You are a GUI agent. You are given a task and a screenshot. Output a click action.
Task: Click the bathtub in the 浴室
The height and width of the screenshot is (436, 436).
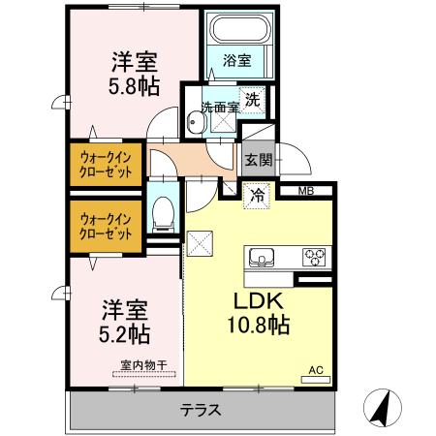pos(240,29)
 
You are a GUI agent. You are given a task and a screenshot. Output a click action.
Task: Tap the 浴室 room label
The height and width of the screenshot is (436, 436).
pos(237,60)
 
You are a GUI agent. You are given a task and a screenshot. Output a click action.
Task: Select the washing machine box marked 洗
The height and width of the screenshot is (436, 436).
pos(252,100)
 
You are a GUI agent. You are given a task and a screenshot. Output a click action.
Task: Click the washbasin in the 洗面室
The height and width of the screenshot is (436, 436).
pos(197,123)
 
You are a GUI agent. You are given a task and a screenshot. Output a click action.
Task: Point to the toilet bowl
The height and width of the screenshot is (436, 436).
pos(163,214)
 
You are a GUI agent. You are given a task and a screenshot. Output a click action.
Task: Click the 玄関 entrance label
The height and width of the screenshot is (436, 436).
pos(259,160)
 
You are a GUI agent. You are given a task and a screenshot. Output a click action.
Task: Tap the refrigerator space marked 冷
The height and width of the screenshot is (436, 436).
pos(257,196)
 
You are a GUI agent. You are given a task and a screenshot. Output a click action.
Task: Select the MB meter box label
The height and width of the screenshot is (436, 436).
pos(306,191)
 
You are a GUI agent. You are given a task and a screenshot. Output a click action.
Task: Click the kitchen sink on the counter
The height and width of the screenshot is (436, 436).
pos(262,258)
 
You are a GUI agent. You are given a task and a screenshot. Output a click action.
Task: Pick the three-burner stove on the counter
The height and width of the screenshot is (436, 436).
pos(314,257)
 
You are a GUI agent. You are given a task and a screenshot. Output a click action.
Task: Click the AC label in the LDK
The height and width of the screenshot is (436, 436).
pos(316,370)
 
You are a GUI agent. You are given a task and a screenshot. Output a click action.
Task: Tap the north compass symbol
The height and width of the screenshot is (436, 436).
pos(383,408)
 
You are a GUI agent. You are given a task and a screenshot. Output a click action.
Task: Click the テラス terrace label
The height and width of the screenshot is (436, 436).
pos(201,410)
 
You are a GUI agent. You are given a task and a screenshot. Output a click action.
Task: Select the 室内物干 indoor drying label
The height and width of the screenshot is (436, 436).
pos(143,365)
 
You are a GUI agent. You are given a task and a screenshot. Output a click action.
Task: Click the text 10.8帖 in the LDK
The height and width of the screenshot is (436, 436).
pos(259,325)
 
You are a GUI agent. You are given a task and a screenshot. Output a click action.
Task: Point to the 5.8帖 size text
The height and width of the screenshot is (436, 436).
pos(134,86)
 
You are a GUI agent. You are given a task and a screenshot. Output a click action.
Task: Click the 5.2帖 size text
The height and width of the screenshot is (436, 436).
pos(124,334)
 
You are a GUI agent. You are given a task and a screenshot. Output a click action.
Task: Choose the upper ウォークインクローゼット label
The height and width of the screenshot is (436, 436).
pos(106,165)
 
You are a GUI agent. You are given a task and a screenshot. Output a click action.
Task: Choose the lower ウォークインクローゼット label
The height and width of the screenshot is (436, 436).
pos(106,227)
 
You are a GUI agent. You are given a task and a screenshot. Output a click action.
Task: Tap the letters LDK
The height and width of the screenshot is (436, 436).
pos(259,300)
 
